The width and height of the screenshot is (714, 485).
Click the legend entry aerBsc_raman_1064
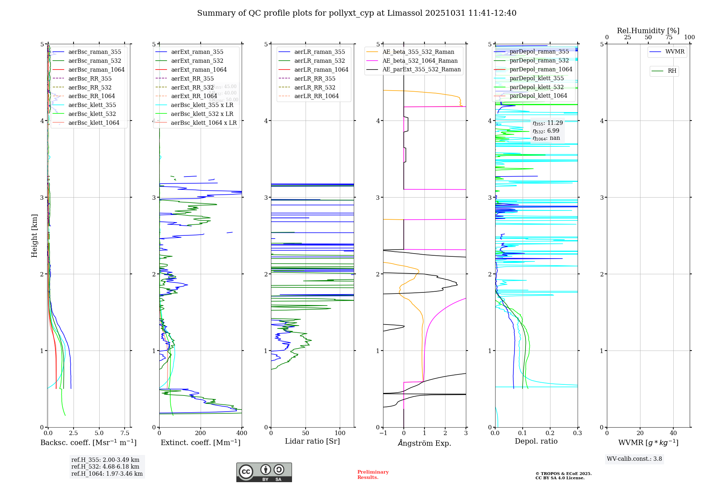[x=96, y=70]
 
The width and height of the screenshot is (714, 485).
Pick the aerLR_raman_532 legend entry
[x=320, y=61]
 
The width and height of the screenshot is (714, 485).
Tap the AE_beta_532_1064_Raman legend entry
[x=420, y=61]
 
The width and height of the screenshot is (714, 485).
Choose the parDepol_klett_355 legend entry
[x=537, y=78]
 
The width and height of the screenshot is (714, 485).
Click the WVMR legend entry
[x=675, y=52]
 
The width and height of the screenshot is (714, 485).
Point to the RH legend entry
[x=672, y=71]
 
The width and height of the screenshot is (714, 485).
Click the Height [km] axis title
[x=34, y=235]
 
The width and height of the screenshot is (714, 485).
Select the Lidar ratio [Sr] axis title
[x=312, y=441]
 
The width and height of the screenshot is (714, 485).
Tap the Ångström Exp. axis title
[x=424, y=443]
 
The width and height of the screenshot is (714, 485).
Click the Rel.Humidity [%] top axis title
[x=648, y=31]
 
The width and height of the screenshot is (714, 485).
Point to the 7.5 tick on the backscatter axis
[x=125, y=433]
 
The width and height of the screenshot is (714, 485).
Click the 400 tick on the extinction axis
[x=242, y=433]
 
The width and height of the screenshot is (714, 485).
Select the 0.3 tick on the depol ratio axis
[x=577, y=433]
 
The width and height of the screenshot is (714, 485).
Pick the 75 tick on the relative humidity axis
[x=669, y=37]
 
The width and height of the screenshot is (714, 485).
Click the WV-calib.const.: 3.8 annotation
[x=634, y=459]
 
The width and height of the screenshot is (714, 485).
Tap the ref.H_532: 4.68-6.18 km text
[x=105, y=466]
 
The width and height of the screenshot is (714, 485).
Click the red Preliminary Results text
[x=373, y=474]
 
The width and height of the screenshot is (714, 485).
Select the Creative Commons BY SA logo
[x=264, y=472]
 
